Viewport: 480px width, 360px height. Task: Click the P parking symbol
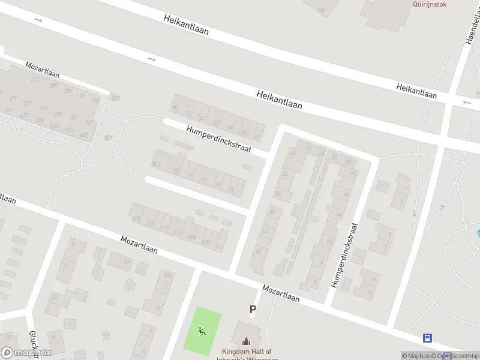253,310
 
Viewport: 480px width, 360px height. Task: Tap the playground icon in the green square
202,330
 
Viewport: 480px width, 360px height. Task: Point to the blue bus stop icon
428,338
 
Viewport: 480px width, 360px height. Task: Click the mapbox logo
26,352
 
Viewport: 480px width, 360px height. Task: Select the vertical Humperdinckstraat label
344,255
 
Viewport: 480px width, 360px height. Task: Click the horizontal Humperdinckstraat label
218,139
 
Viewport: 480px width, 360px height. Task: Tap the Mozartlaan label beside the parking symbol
281,293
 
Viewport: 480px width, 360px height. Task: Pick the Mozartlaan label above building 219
42,70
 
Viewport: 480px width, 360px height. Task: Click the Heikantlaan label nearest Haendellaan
416,91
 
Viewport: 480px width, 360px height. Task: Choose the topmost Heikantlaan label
186,25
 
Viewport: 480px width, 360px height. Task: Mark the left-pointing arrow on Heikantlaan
467,103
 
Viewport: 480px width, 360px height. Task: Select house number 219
35,79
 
